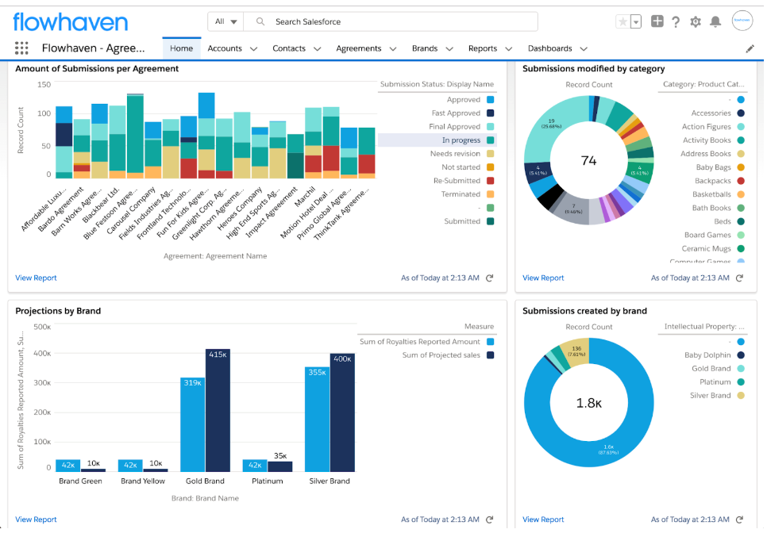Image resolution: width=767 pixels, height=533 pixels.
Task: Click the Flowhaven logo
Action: tap(70, 21)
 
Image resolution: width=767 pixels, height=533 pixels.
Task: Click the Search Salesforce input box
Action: tap(389, 21)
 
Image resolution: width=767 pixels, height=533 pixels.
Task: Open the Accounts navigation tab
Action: tap(225, 48)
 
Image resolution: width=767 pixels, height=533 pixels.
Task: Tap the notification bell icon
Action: tap(715, 21)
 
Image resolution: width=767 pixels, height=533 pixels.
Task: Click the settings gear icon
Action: tap(696, 21)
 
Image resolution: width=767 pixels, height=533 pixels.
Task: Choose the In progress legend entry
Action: tap(461, 140)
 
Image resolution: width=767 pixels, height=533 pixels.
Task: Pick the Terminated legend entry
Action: tap(461, 194)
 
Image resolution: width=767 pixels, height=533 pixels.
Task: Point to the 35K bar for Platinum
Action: tap(279, 466)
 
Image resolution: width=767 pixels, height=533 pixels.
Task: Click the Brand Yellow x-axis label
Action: tap(143, 481)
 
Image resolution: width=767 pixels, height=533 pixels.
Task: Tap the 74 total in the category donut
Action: tap(588, 161)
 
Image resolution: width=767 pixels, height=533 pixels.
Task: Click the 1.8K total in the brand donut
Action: tap(588, 403)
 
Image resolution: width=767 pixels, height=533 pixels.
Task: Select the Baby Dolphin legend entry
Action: tap(707, 355)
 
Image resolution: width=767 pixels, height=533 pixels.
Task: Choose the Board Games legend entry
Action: tap(707, 235)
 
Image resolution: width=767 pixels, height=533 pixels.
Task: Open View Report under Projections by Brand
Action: tap(36, 520)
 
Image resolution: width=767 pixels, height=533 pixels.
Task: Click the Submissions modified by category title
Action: tap(593, 69)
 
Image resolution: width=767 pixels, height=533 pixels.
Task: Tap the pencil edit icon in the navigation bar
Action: tap(750, 48)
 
